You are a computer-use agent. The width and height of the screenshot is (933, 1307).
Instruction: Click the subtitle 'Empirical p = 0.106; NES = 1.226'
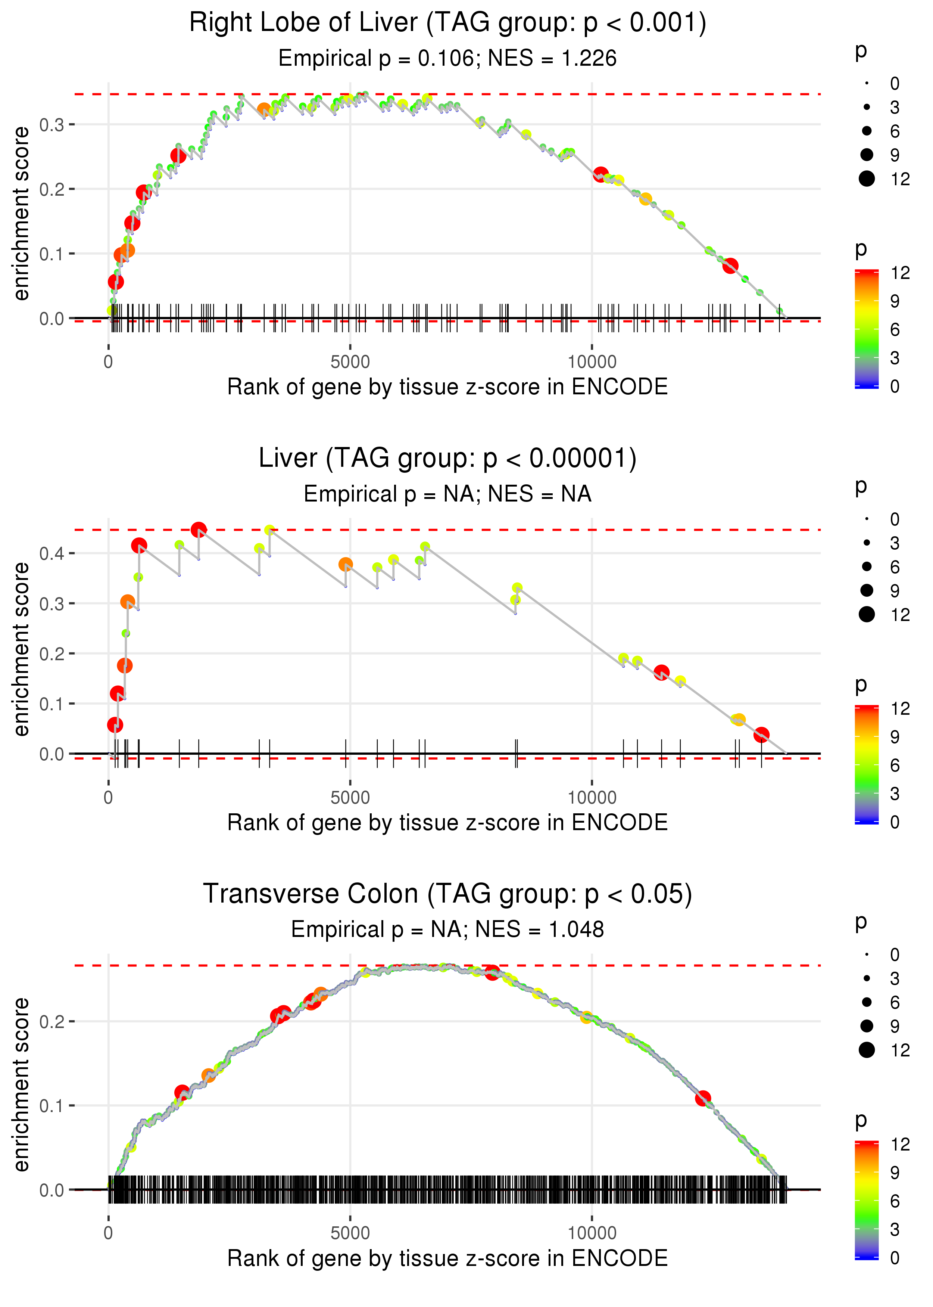(x=447, y=59)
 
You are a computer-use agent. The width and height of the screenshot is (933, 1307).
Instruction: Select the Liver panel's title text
(x=447, y=458)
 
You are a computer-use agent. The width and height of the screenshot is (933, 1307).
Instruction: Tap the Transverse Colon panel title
(x=447, y=894)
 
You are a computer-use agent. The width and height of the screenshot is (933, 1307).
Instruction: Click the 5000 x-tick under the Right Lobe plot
(x=350, y=362)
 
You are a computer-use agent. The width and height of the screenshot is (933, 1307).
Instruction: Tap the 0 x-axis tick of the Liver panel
(x=109, y=798)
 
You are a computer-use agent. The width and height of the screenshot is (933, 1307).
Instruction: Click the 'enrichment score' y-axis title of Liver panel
(x=21, y=649)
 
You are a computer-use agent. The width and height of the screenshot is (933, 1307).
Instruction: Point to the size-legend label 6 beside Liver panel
(x=895, y=567)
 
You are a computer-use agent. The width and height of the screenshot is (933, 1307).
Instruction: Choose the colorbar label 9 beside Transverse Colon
(x=895, y=1173)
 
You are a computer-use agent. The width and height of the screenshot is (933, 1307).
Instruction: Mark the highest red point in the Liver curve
(x=199, y=530)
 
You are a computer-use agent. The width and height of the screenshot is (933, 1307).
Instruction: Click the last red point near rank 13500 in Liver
(x=761, y=735)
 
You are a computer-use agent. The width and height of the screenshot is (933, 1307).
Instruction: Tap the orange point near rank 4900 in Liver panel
(x=345, y=564)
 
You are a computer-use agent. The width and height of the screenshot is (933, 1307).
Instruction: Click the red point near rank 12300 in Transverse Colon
(x=703, y=1098)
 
